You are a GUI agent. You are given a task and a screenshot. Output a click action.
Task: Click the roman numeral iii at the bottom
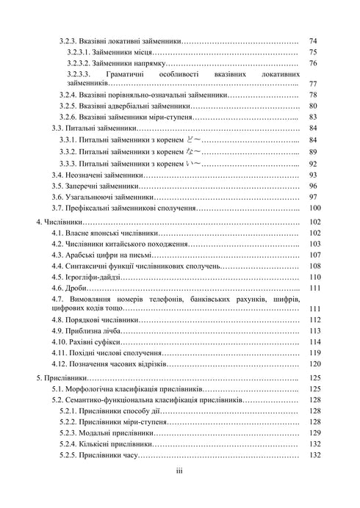179,473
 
